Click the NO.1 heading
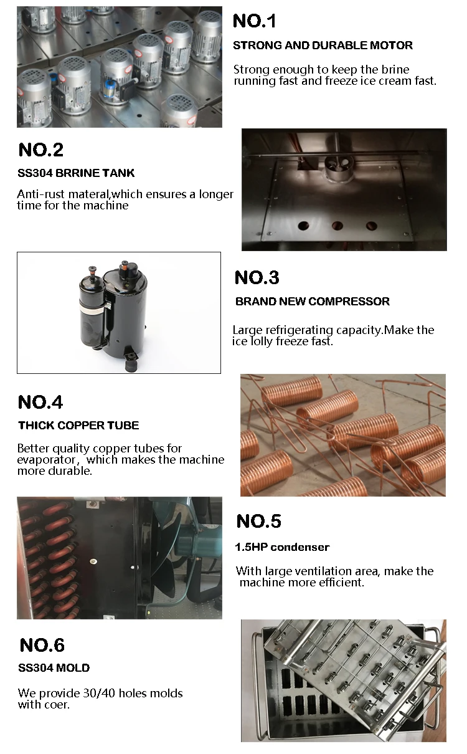tap(255, 21)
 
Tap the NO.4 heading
tap(40, 403)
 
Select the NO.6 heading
tap(42, 646)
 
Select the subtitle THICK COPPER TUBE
tap(78, 426)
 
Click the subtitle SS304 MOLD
tap(54, 668)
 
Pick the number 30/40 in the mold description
tap(99, 694)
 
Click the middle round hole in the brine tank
tap(337, 226)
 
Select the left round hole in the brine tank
tap(303, 225)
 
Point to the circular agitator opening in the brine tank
tap(339, 166)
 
